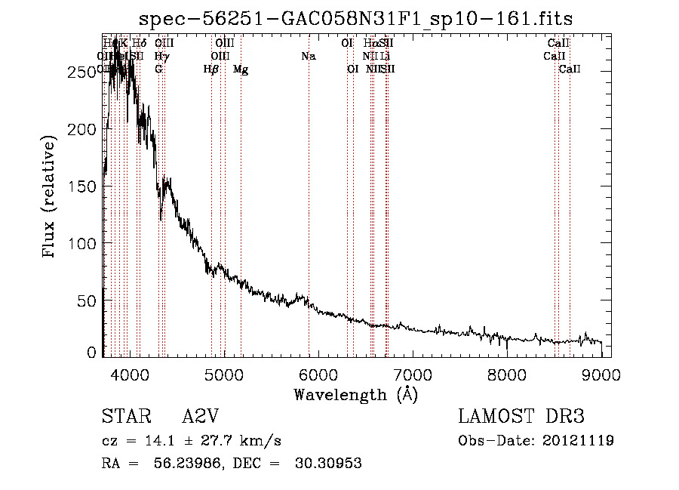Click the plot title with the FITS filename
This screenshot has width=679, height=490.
point(356,18)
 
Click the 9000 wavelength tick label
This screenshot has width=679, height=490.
point(601,374)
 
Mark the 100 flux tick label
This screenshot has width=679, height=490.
point(83,243)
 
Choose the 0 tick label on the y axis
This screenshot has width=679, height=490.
point(91,352)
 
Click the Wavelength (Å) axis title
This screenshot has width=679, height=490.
point(356,394)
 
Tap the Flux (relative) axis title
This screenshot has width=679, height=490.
point(50,198)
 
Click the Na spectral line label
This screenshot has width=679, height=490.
point(308,56)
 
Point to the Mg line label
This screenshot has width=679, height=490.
point(241,69)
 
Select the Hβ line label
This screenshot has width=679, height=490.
point(211,69)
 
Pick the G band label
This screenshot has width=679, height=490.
point(158,69)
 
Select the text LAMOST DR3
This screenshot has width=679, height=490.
point(521,417)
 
